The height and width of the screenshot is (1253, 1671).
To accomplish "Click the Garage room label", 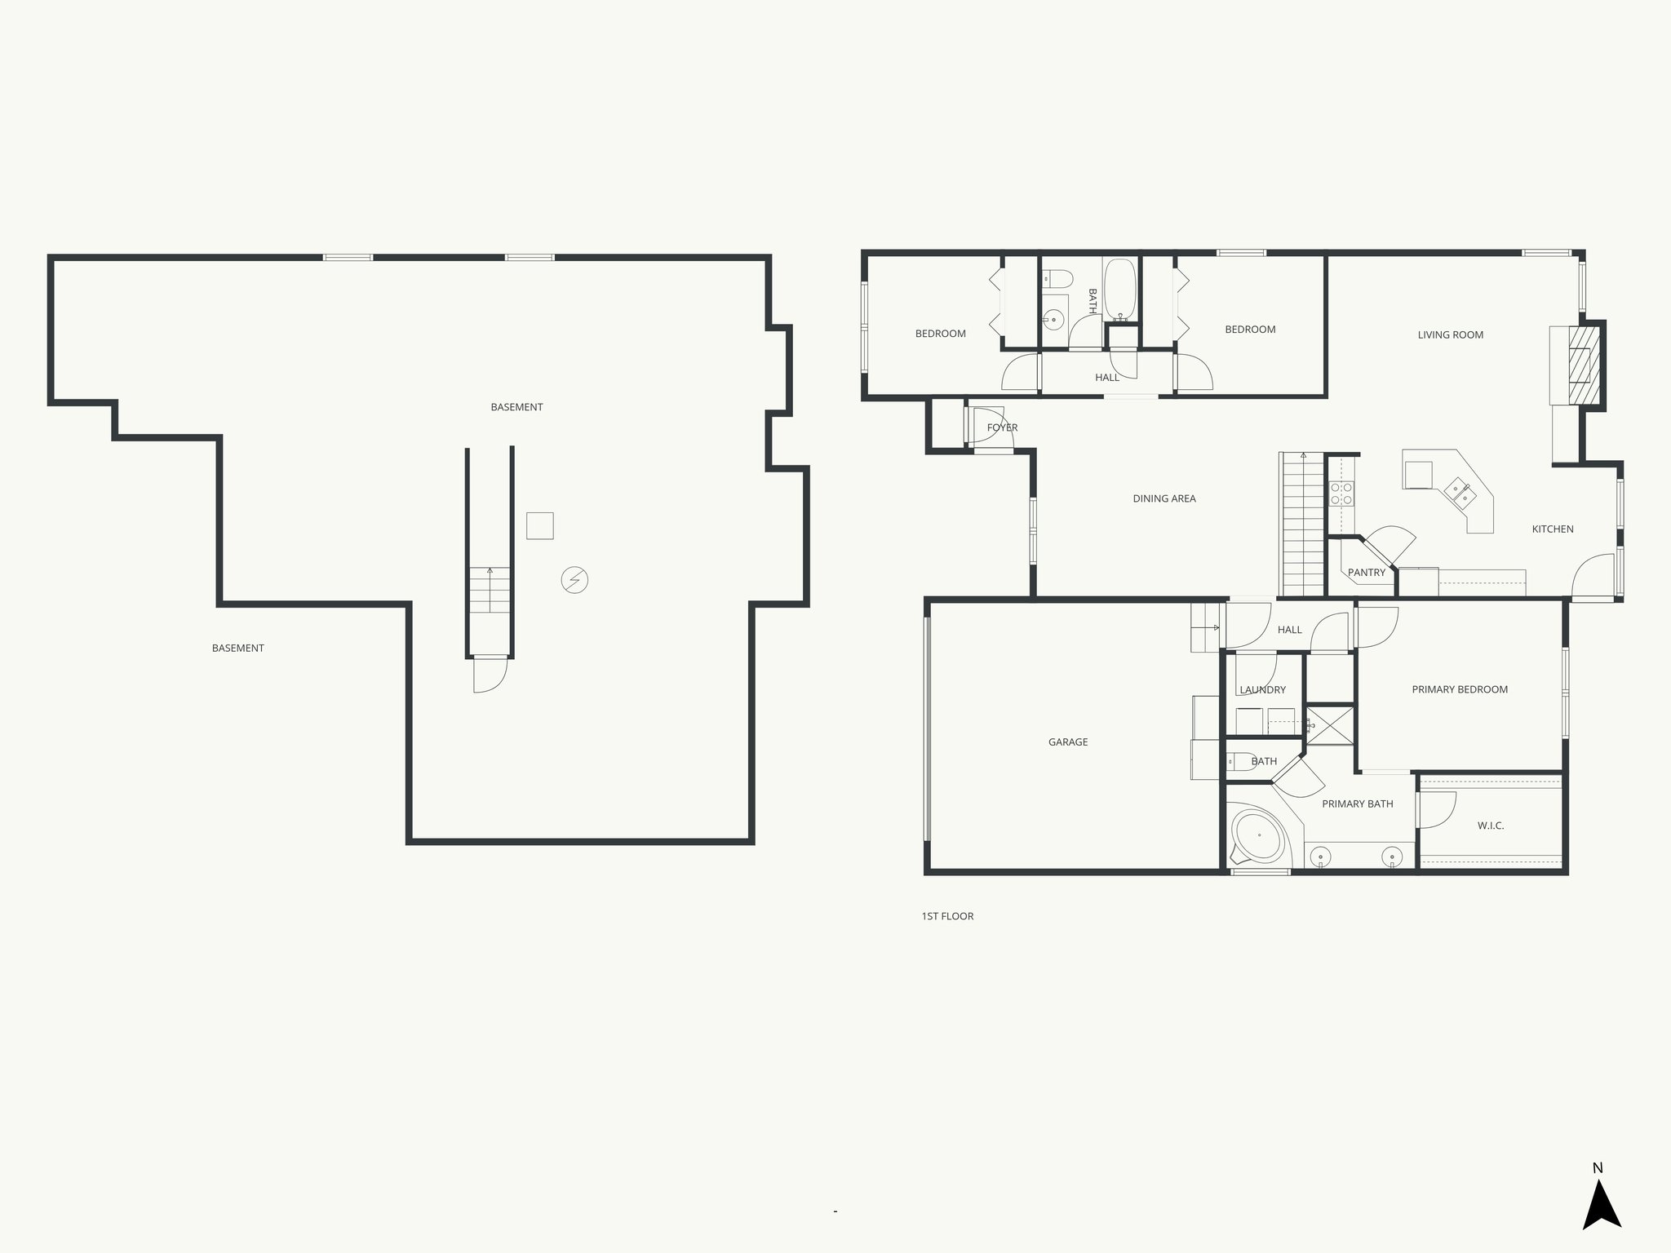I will click(1067, 742).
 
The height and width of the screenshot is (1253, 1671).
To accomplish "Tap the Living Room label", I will click(1450, 334).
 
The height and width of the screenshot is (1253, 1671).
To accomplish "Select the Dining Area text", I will click(1163, 498).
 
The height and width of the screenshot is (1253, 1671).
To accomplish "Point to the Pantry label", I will click(1366, 573).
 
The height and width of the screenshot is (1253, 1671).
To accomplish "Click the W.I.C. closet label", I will click(1490, 826).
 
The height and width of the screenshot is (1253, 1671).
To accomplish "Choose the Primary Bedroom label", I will click(1459, 689).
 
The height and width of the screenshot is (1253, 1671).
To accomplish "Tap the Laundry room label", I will click(1262, 690).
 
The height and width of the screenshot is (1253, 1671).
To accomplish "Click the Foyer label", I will click(1002, 427).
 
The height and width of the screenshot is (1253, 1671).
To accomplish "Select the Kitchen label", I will click(1552, 529).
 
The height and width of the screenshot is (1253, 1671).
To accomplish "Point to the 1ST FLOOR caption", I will click(947, 916).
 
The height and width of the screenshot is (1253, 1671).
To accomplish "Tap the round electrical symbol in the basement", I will click(574, 580).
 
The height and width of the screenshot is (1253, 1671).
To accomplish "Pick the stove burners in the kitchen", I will click(1341, 494).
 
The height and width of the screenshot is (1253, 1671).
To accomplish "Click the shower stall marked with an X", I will click(1329, 725).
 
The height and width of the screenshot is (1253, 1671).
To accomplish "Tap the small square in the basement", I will click(539, 525).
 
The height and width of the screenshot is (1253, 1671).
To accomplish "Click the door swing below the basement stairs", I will click(489, 675).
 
